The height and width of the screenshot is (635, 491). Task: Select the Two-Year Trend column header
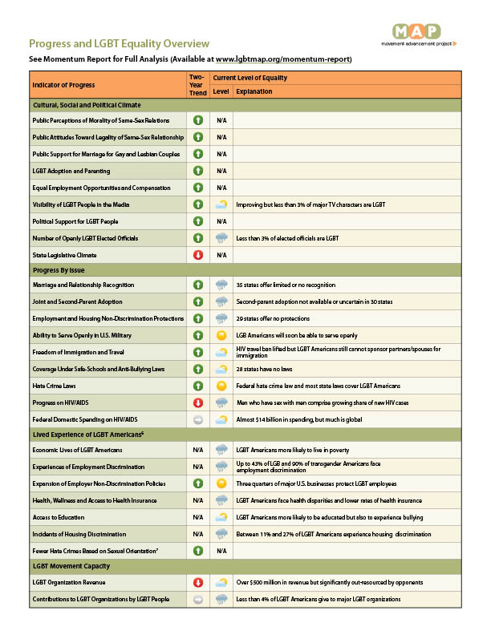197,85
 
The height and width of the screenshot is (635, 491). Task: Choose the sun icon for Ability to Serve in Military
221,334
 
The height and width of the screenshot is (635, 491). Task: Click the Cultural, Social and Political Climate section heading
87,105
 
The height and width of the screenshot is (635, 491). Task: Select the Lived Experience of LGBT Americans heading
88,434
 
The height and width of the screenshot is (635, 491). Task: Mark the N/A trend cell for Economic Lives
197,450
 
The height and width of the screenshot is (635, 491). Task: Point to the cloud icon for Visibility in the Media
221,204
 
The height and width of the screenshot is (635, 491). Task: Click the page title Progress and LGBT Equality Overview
120,43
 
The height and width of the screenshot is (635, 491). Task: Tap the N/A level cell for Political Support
221,221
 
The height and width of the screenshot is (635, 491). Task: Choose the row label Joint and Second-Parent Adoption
78,301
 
